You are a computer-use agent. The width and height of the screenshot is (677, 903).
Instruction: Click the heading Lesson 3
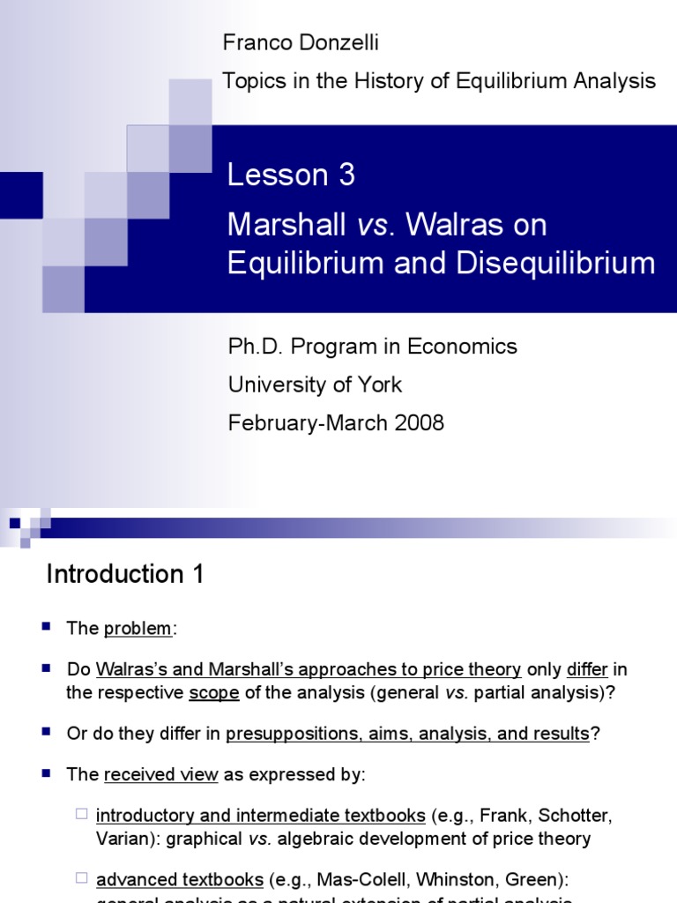[291, 175]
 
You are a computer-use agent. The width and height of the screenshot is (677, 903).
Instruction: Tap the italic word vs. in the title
[367, 225]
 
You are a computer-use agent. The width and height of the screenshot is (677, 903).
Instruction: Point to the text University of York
[315, 384]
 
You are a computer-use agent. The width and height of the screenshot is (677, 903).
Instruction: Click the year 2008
[420, 422]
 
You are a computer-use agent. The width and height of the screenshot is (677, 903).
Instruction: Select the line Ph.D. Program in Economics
[372, 347]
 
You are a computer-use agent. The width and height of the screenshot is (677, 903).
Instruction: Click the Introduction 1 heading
[125, 575]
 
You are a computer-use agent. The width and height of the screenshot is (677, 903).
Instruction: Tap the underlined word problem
[138, 629]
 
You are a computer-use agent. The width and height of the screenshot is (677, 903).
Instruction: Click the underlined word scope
[214, 692]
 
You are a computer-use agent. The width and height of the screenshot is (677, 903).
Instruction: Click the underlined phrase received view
[161, 774]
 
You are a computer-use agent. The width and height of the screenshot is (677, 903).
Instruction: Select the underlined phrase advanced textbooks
[180, 879]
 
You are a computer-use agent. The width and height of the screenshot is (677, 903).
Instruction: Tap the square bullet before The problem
[47, 627]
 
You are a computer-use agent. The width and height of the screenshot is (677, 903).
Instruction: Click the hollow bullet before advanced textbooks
[80, 878]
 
